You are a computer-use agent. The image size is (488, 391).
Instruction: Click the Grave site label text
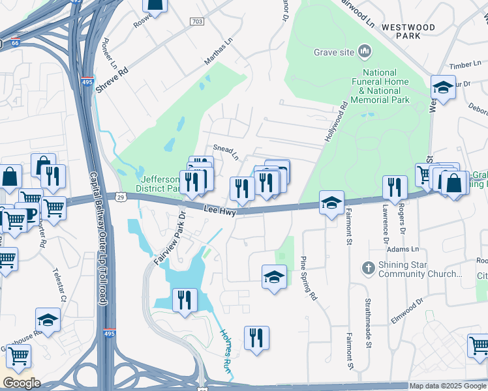(x=334, y=51)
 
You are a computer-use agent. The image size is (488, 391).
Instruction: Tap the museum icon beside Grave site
(x=365, y=51)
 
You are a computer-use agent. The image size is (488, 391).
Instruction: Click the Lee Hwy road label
(x=219, y=210)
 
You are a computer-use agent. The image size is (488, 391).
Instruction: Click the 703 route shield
(x=197, y=22)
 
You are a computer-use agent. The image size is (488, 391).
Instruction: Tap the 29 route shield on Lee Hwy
(x=121, y=195)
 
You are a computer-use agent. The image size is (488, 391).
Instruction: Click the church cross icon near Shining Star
(x=369, y=267)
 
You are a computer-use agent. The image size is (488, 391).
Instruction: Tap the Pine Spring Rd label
(x=308, y=278)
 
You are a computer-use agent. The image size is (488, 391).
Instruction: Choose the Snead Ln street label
(x=226, y=152)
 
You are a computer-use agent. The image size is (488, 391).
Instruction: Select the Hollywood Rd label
(x=333, y=123)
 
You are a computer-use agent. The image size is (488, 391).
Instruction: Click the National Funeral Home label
(x=380, y=91)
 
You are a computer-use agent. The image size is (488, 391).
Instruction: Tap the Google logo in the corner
(x=22, y=383)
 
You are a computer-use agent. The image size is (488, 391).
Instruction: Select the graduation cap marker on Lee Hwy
(x=331, y=203)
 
